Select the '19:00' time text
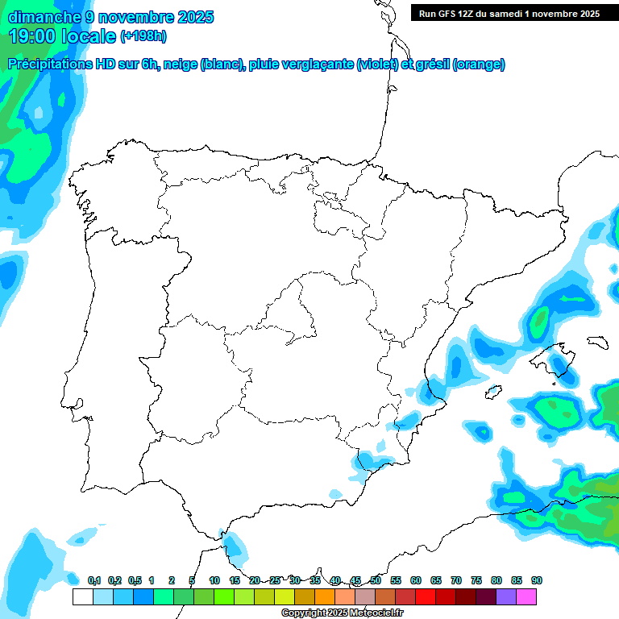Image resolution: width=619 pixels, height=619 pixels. coord(31,36)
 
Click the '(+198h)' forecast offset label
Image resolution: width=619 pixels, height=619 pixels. coord(143,36)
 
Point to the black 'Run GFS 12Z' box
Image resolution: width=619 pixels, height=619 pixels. coord(509,14)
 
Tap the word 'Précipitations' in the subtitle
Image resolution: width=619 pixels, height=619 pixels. coord(52,64)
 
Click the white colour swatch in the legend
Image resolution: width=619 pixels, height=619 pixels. coord(82,597)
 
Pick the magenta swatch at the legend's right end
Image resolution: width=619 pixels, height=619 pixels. coord(526,597)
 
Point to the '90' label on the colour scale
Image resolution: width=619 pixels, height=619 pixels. coord(537,581)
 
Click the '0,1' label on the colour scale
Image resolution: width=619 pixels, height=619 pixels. coord(93,581)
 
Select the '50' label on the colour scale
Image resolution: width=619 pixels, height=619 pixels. coord(376,581)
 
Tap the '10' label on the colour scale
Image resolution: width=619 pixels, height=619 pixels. coord(214,581)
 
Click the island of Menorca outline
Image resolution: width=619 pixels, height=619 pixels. coord(596,342)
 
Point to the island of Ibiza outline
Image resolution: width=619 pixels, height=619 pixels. coord(494,393)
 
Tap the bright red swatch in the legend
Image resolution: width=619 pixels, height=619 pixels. coord(426,597)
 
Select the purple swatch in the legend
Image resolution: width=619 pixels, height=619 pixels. coord(506,597)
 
